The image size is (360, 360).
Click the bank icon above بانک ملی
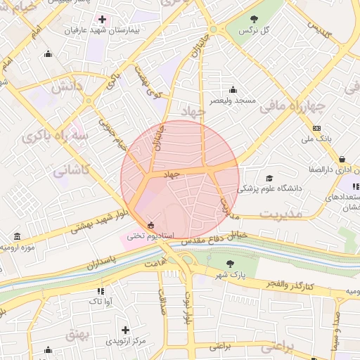317,128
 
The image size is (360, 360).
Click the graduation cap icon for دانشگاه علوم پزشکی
271,178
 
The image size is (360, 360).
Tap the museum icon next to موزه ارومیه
8,248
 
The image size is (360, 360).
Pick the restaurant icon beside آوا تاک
101,290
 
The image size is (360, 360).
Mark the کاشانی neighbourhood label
71,169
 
